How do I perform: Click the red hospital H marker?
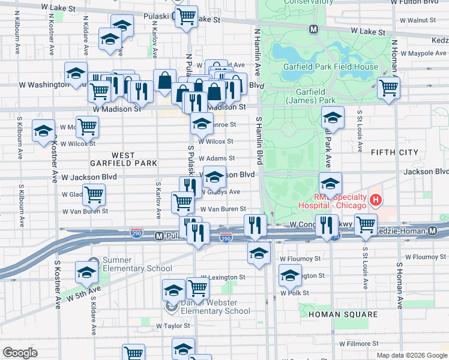pyautogui.click(x=376, y=200)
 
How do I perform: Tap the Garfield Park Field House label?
pyautogui.click(x=331, y=67)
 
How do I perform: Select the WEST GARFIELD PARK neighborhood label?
pyautogui.click(x=123, y=159)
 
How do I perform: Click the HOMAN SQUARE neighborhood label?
pyautogui.click(x=343, y=314)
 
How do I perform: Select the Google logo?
pyautogui.click(x=20, y=353)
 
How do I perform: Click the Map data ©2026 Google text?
pyautogui.click(x=411, y=355)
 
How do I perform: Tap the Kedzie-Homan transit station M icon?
pyautogui.click(x=433, y=231)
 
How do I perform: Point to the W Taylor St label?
pyautogui.click(x=173, y=326)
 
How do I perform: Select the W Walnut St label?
pyautogui.click(x=417, y=20)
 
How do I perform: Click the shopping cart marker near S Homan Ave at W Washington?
pyautogui.click(x=389, y=88)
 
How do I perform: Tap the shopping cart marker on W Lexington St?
pyautogui.click(x=197, y=289)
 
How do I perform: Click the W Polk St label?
pyautogui.click(x=295, y=293)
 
